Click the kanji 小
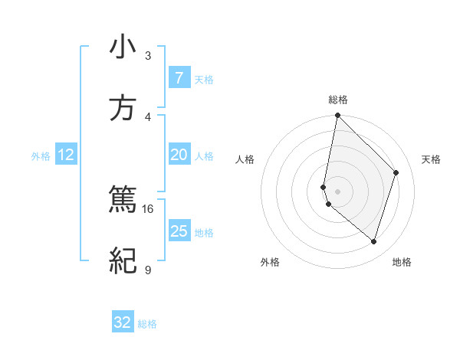(123, 48)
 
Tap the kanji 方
(123, 109)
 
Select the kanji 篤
(123, 201)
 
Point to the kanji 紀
(123, 262)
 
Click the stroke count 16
(148, 208)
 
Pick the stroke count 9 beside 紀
(148, 270)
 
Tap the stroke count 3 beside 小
(148, 56)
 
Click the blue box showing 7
(179, 78)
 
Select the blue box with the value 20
(179, 155)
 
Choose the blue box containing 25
(179, 231)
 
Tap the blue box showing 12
(66, 155)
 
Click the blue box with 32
(123, 322)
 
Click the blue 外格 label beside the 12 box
(41, 156)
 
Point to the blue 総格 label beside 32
(147, 324)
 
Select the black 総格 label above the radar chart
(337, 100)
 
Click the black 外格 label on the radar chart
(270, 263)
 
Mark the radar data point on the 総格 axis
(337, 116)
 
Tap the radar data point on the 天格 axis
(396, 172)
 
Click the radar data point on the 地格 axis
(373, 242)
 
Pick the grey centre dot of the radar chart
(337, 191)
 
